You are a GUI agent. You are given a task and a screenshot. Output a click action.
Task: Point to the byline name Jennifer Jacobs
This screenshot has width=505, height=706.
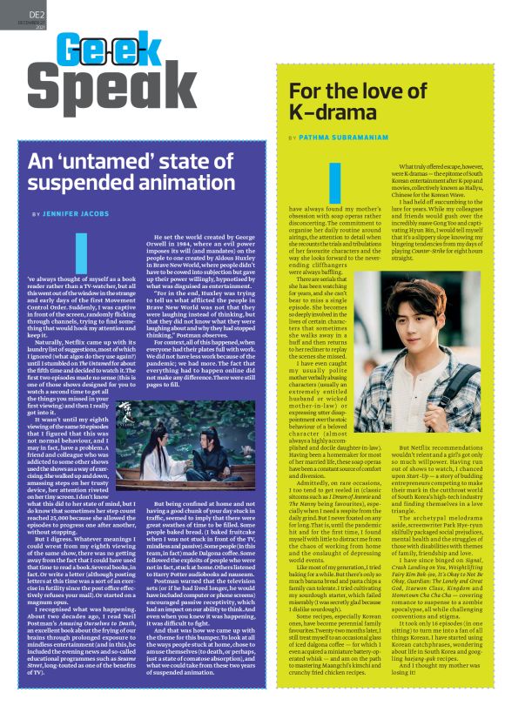coord(72,213)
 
